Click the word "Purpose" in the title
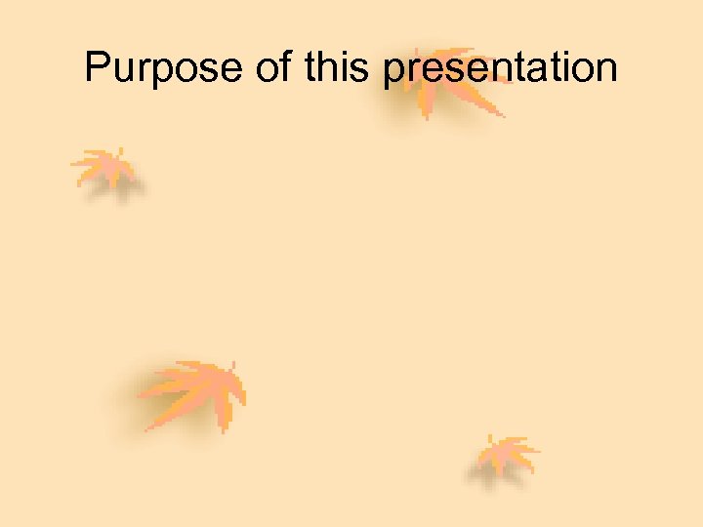click(x=161, y=69)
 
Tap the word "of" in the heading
click(x=271, y=68)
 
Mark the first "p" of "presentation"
click(x=393, y=74)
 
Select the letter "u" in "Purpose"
click(x=123, y=72)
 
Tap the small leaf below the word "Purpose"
click(x=105, y=168)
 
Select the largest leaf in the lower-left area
click(x=195, y=390)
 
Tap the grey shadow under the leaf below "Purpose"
click(x=119, y=189)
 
